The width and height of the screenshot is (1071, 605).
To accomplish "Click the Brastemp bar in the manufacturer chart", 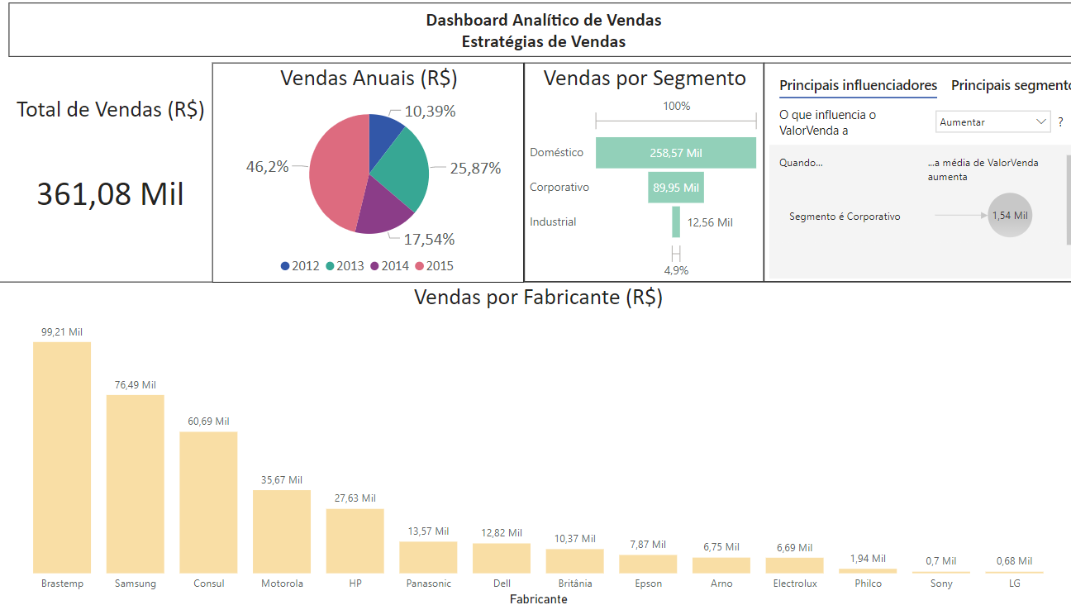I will tap(62, 457).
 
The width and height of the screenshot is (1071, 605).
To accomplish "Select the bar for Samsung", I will tap(136, 484).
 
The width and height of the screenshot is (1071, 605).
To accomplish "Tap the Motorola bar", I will tap(282, 531).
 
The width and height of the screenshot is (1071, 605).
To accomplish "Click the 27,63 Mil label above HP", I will tap(355, 498).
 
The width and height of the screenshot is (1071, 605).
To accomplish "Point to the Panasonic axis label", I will tap(428, 584).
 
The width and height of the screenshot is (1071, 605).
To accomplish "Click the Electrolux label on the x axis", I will tap(795, 584).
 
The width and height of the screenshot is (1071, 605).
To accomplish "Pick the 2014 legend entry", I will tap(389, 266).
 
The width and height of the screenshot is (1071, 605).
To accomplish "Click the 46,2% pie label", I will tap(267, 167).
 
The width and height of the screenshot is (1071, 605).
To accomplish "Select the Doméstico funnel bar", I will tap(675, 153).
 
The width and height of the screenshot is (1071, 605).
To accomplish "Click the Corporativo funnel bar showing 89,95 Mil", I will tap(675, 188).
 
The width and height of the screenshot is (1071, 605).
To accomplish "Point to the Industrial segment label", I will tap(553, 222).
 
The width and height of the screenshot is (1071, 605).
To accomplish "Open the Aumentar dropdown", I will tap(993, 121).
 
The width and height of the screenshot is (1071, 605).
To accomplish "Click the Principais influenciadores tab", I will tap(858, 85).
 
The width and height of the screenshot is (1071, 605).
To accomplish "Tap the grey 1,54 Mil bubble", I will tap(1010, 215).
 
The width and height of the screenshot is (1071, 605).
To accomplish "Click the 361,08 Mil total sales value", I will tap(110, 194).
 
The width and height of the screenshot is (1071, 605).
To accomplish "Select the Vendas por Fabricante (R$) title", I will tap(538, 297).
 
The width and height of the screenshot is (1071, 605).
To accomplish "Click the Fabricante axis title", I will tap(538, 599).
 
